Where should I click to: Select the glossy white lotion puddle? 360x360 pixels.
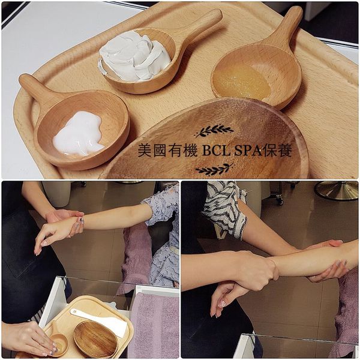point(78,133)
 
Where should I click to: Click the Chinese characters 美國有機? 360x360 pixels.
point(167,151)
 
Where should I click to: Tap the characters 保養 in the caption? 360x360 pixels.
point(278,151)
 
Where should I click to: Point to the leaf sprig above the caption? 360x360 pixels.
point(214,131)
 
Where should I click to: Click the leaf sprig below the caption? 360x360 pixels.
point(214,169)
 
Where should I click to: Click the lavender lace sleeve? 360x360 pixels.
point(163,232)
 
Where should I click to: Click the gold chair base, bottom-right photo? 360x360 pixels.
point(336,191)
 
